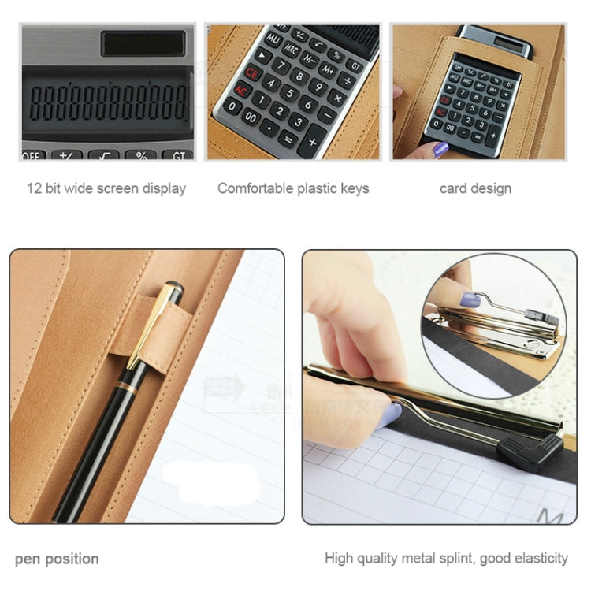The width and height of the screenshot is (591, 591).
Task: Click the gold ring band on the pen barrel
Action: pyautogui.click(x=126, y=386)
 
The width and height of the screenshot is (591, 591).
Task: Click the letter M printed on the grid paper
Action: pyautogui.click(x=549, y=516)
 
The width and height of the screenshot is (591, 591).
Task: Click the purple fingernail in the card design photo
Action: pyautogui.click(x=440, y=148)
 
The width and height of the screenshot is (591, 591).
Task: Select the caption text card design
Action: pyautogui.click(x=475, y=188)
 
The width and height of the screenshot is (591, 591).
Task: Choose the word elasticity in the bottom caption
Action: pyautogui.click(x=539, y=558)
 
